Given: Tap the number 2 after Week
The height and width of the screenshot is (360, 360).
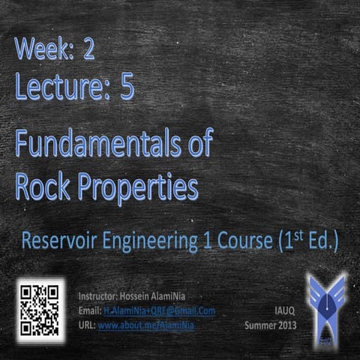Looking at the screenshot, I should tap(89, 50).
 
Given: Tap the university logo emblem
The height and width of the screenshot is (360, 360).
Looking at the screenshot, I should tap(327, 307).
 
